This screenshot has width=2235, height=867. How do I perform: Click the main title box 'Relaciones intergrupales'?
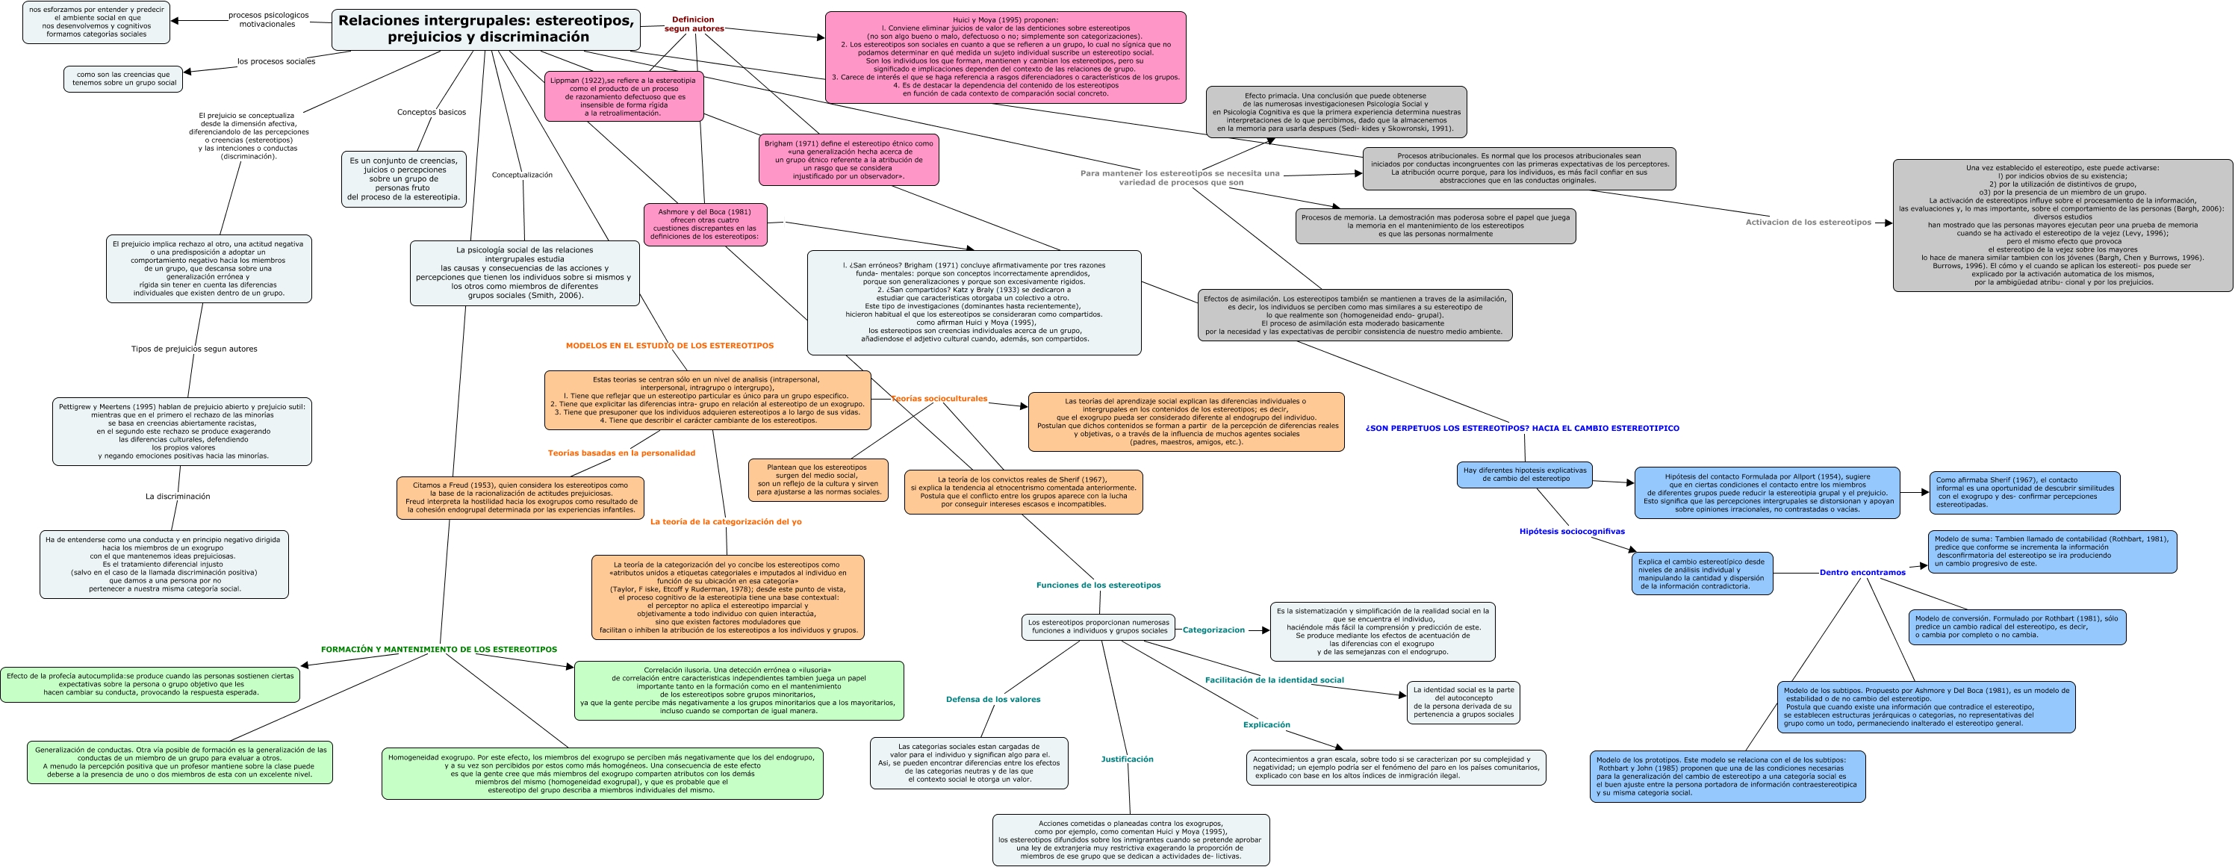(486, 28)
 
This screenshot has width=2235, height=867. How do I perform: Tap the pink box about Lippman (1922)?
(624, 96)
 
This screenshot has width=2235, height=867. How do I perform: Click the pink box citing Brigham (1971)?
(848, 160)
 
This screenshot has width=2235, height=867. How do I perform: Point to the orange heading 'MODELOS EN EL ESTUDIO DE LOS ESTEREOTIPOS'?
(669, 346)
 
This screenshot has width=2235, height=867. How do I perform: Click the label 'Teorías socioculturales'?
(939, 398)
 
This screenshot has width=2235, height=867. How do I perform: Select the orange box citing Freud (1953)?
(520, 497)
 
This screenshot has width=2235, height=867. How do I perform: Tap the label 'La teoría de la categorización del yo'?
(725, 521)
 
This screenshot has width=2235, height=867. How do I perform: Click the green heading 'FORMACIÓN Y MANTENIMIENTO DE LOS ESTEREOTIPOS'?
(438, 649)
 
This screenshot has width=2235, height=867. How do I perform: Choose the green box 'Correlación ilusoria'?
(739, 690)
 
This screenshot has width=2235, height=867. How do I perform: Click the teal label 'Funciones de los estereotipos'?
(1098, 585)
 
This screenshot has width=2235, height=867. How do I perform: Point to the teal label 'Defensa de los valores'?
(992, 699)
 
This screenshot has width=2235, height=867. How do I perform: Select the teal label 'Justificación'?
(1127, 759)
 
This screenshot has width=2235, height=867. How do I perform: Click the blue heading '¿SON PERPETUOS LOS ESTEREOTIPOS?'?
(1522, 428)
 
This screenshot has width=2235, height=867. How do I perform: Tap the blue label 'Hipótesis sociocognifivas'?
(1571, 531)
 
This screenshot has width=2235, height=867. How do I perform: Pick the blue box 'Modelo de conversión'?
(2016, 627)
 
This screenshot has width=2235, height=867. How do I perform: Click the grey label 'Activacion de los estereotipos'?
(1808, 223)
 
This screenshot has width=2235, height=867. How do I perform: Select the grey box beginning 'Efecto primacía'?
(1335, 112)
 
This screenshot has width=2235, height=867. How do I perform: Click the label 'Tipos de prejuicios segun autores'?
(193, 349)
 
